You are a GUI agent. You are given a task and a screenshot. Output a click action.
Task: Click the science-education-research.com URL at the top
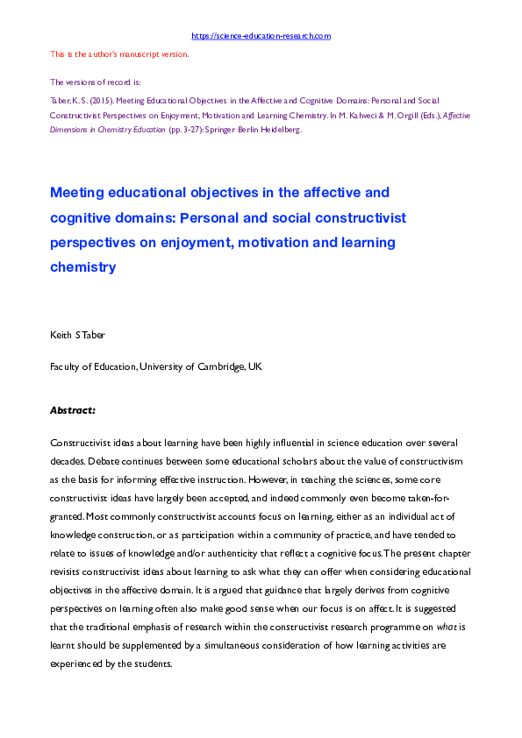tap(261, 36)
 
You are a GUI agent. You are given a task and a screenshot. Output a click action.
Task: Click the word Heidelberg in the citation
tap(282, 129)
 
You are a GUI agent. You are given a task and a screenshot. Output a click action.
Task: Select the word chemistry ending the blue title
tap(83, 267)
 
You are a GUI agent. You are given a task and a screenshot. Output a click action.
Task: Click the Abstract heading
tap(73, 409)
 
